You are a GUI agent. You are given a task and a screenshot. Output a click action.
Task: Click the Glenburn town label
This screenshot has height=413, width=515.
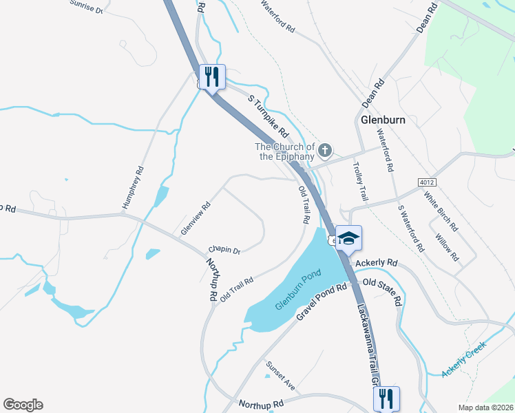pyautogui.click(x=383, y=119)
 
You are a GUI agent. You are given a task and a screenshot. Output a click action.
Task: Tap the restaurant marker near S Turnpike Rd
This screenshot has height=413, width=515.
pyautogui.click(x=211, y=77)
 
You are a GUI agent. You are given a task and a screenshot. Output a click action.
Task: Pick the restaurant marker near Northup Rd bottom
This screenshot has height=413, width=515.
pyautogui.click(x=386, y=399)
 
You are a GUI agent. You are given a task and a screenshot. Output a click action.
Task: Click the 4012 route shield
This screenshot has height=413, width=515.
pyautogui.click(x=427, y=181)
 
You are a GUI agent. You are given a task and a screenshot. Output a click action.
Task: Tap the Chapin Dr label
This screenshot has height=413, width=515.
pyautogui.click(x=224, y=251)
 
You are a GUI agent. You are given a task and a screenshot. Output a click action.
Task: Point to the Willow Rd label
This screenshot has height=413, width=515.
pyautogui.click(x=447, y=247)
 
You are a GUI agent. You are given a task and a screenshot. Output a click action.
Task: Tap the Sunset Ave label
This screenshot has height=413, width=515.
pyautogui.click(x=280, y=376)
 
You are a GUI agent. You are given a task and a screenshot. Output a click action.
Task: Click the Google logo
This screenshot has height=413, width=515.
pyautogui.click(x=23, y=405)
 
